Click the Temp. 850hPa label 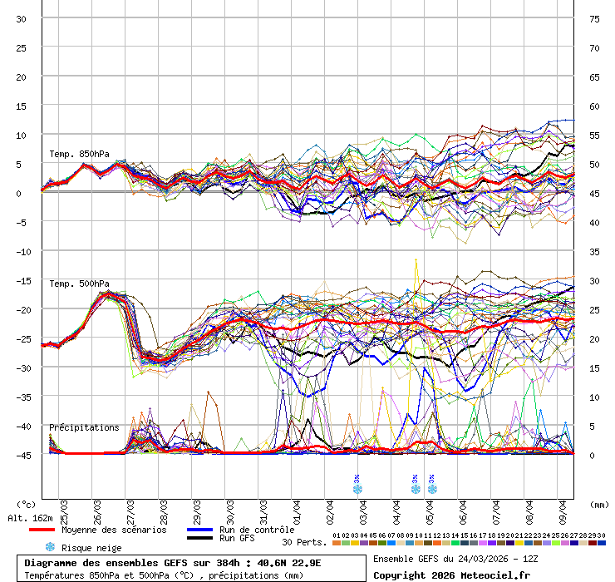click(x=79, y=154)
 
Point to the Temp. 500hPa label click(x=79, y=284)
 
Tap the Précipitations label click(x=84, y=427)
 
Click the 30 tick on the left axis click(x=21, y=19)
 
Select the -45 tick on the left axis click(x=21, y=455)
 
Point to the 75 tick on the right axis click(x=594, y=19)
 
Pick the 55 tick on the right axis click(x=594, y=135)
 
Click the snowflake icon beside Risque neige click(x=50, y=547)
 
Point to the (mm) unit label click(x=598, y=504)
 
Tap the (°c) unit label click(x=27, y=504)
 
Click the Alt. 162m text click(x=27, y=517)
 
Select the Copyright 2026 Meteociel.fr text click(x=451, y=575)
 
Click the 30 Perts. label click(x=304, y=542)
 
